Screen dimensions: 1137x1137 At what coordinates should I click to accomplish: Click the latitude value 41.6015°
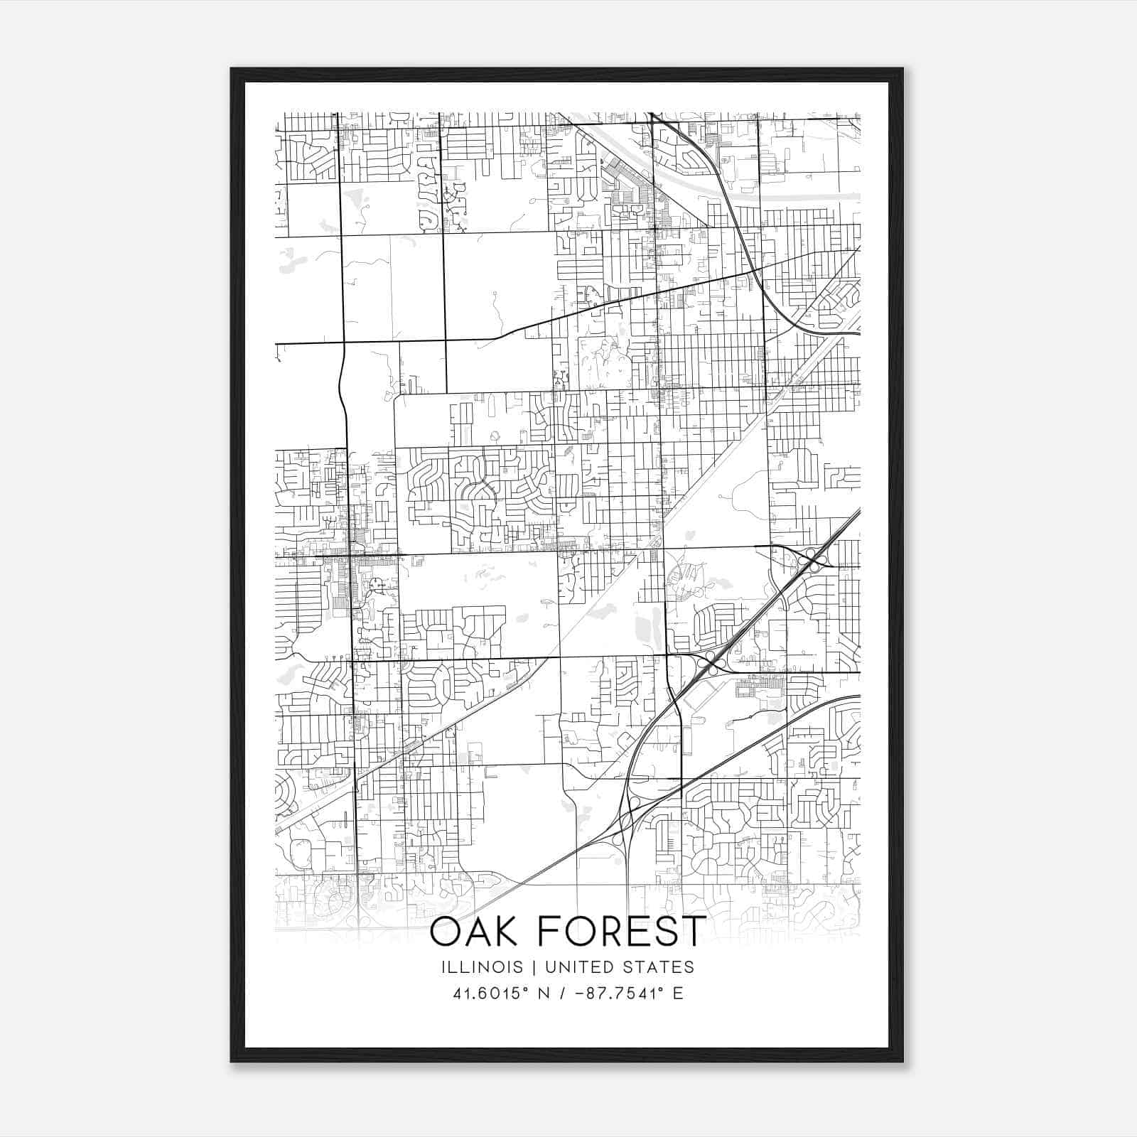(490, 993)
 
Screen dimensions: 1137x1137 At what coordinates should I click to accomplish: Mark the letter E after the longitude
(678, 993)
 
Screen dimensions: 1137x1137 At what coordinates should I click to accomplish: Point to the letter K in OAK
(508, 932)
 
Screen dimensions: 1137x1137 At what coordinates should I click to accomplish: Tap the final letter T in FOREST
(693, 932)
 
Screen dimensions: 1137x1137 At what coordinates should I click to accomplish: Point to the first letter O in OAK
(445, 932)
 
